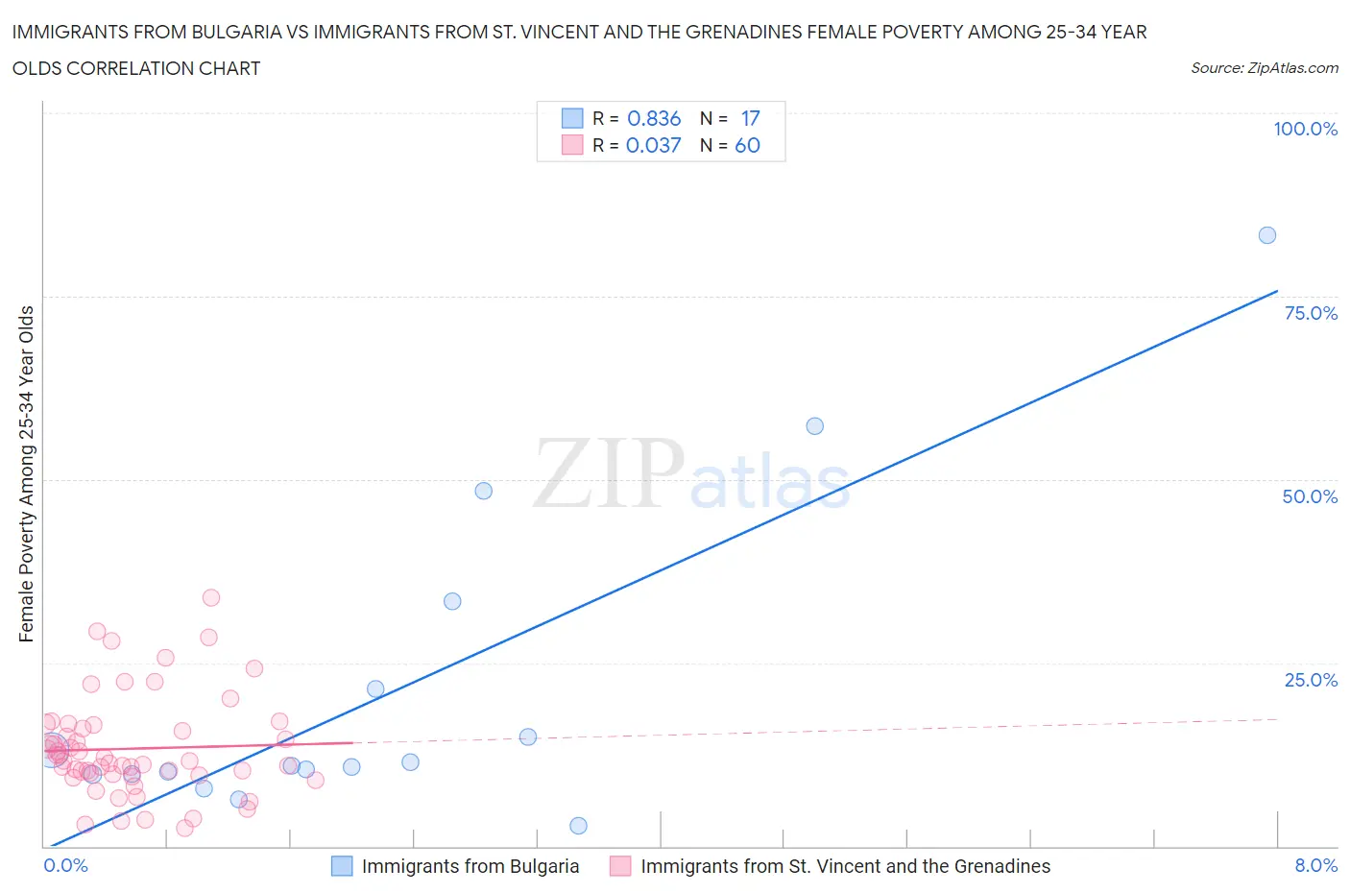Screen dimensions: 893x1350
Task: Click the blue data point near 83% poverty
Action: point(1266,235)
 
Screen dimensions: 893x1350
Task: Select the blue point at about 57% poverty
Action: point(814,426)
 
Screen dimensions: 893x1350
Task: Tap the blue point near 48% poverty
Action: point(483,491)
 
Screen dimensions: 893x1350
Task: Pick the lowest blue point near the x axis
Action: point(578,826)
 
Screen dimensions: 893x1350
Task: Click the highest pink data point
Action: point(211,597)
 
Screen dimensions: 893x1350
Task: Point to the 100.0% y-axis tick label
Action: point(1305,129)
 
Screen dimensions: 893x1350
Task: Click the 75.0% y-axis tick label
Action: point(1310,313)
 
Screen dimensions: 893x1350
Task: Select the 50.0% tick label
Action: point(1310,496)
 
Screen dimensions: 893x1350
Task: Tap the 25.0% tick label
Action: point(1310,680)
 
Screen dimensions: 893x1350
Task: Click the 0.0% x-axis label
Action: point(65,865)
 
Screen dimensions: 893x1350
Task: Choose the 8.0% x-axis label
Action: point(1315,865)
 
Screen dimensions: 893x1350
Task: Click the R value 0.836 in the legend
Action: point(654,118)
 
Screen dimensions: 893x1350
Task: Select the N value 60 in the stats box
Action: point(747,145)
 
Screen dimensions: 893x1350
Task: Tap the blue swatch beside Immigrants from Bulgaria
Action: point(342,866)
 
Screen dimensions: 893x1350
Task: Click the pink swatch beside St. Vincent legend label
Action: point(620,866)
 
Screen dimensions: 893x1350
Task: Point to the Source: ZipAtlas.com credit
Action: point(1264,68)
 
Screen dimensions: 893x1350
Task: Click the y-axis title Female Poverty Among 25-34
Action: point(26,473)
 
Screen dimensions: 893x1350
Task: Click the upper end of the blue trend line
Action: point(1277,291)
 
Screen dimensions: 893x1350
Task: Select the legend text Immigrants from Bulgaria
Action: point(470,866)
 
